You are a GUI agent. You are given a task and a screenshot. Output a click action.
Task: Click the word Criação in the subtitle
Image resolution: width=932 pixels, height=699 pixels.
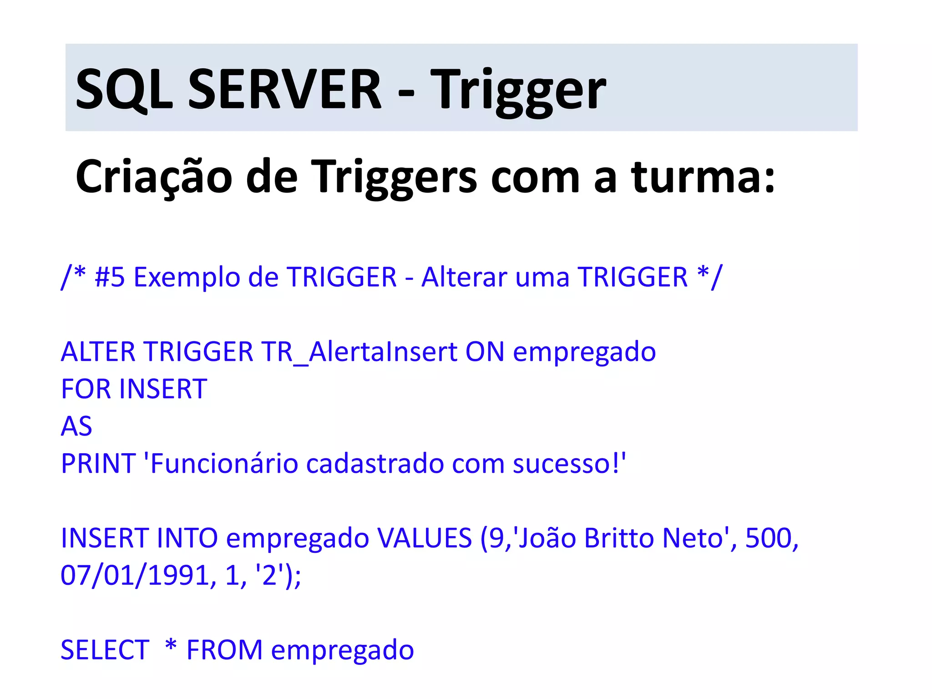coord(154,177)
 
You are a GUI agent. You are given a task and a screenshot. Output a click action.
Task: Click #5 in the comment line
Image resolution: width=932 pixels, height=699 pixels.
coord(110,277)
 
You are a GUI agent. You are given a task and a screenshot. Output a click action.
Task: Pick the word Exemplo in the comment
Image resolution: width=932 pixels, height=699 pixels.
coord(187,278)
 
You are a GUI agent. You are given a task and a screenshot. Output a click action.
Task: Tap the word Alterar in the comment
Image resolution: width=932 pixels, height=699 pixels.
coord(464,277)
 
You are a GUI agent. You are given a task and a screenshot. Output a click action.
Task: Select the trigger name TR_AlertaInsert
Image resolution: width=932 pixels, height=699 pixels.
coord(359,352)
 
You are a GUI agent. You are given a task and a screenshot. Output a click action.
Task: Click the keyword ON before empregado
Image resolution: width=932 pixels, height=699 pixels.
coord(485,352)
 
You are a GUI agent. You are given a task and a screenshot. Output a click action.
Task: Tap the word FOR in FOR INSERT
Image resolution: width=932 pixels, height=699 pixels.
coord(86,389)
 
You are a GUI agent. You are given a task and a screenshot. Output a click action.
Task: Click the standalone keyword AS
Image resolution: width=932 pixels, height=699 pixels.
coord(76,426)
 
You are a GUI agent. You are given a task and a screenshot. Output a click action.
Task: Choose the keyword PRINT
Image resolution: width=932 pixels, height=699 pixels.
coord(98,464)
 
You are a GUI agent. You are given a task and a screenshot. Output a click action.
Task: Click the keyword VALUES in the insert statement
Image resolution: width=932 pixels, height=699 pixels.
coord(425,538)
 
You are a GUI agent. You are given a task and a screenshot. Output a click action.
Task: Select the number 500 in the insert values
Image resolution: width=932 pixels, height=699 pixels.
coord(768,538)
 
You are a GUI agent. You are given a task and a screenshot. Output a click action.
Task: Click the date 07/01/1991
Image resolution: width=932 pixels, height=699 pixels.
coord(135,575)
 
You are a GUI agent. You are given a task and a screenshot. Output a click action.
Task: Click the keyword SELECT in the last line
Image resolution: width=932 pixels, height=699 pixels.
coord(105,649)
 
